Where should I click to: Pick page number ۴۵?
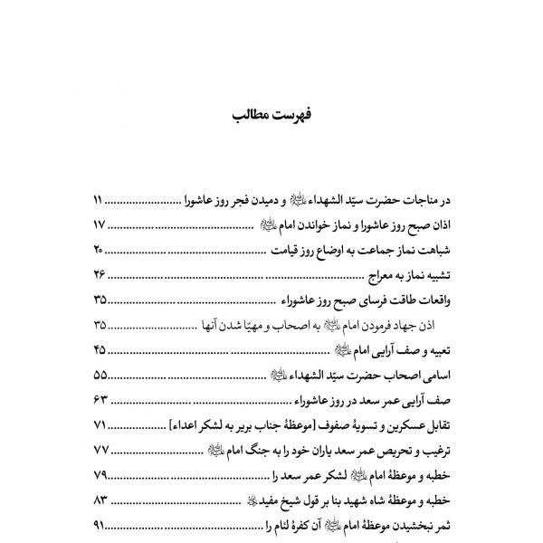100,349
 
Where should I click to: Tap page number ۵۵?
100,375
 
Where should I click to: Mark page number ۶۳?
100,400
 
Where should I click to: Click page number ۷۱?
100,425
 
